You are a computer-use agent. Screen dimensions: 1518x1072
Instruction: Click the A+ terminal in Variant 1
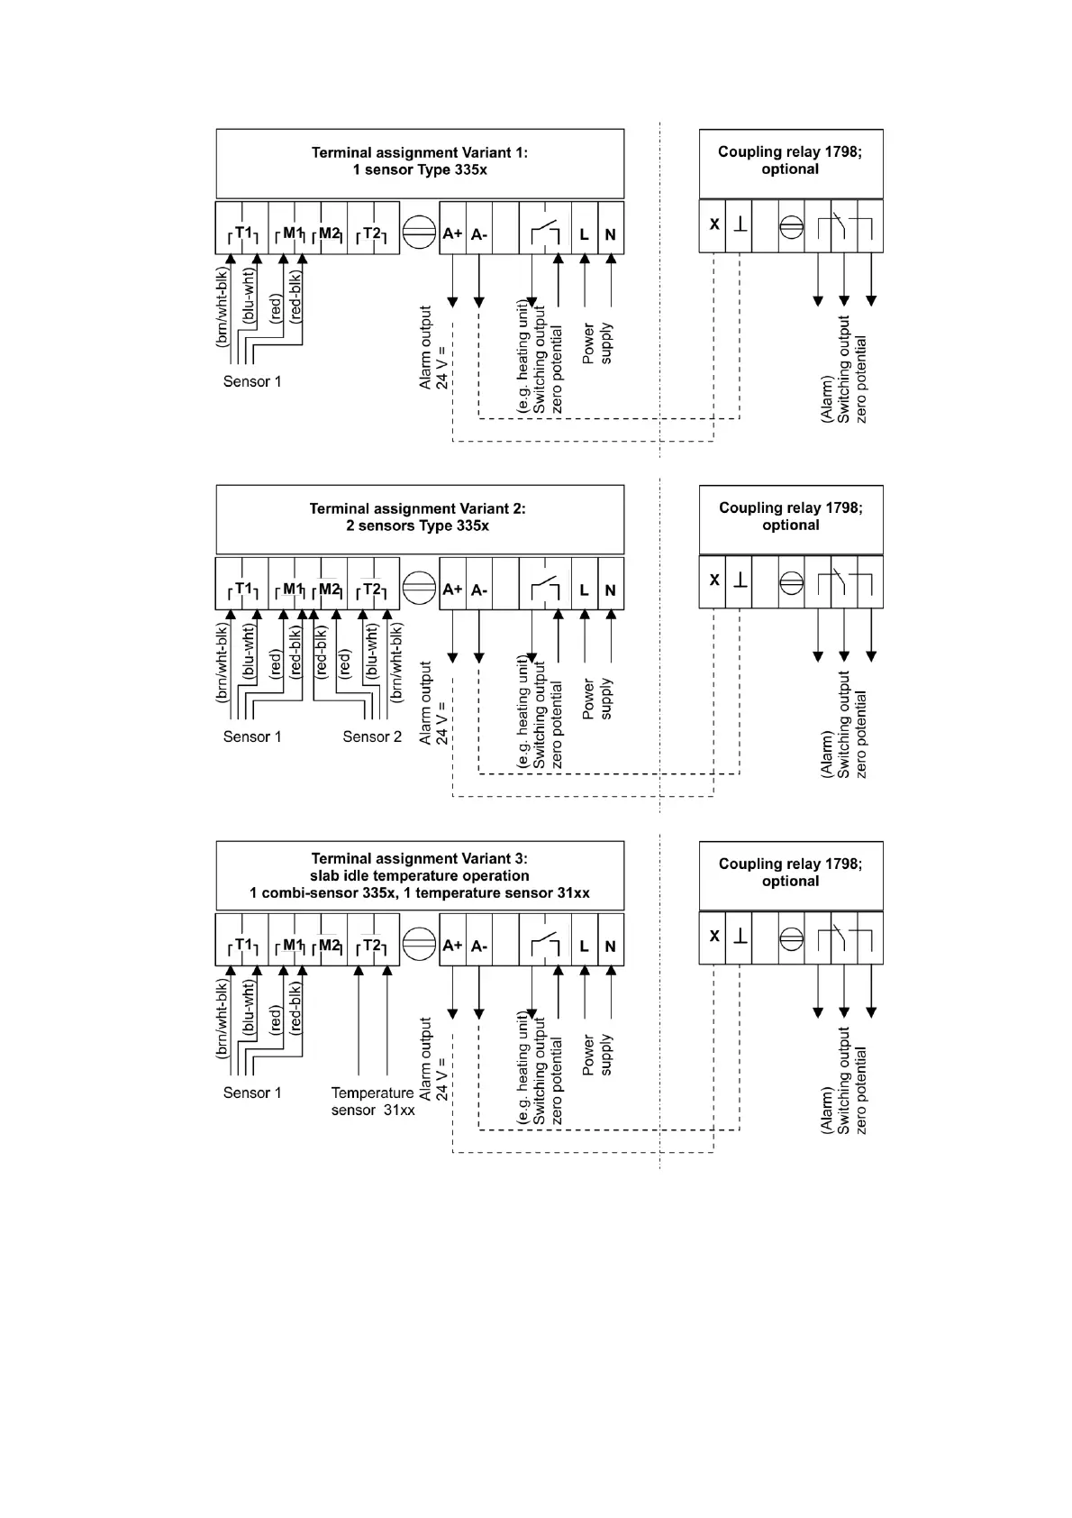[x=452, y=234]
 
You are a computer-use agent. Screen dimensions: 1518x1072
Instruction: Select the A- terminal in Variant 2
[x=479, y=590]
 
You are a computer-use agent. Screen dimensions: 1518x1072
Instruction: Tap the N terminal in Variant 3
[x=611, y=946]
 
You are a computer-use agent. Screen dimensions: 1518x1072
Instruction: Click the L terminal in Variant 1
[x=585, y=234]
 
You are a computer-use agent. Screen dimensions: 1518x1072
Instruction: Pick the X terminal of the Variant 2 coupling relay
[x=714, y=581]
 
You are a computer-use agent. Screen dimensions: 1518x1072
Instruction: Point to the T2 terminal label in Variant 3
[x=372, y=946]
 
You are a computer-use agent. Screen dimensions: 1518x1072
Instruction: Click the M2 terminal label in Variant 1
[x=330, y=233]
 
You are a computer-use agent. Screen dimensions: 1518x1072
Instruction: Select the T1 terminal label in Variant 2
[x=243, y=590]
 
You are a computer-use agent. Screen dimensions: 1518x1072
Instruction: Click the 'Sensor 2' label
[x=372, y=737]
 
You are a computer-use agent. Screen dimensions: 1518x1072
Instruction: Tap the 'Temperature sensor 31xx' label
[x=373, y=1102]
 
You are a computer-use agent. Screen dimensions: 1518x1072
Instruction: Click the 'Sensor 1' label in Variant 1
[x=252, y=382]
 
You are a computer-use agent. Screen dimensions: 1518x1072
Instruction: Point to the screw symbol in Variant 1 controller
[x=419, y=233]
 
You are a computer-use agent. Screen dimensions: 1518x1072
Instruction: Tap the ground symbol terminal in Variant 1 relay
[x=740, y=224]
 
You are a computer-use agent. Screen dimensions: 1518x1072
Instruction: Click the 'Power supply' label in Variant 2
[x=597, y=699]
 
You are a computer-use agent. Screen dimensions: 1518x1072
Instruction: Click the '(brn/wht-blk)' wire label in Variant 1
[x=222, y=307]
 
